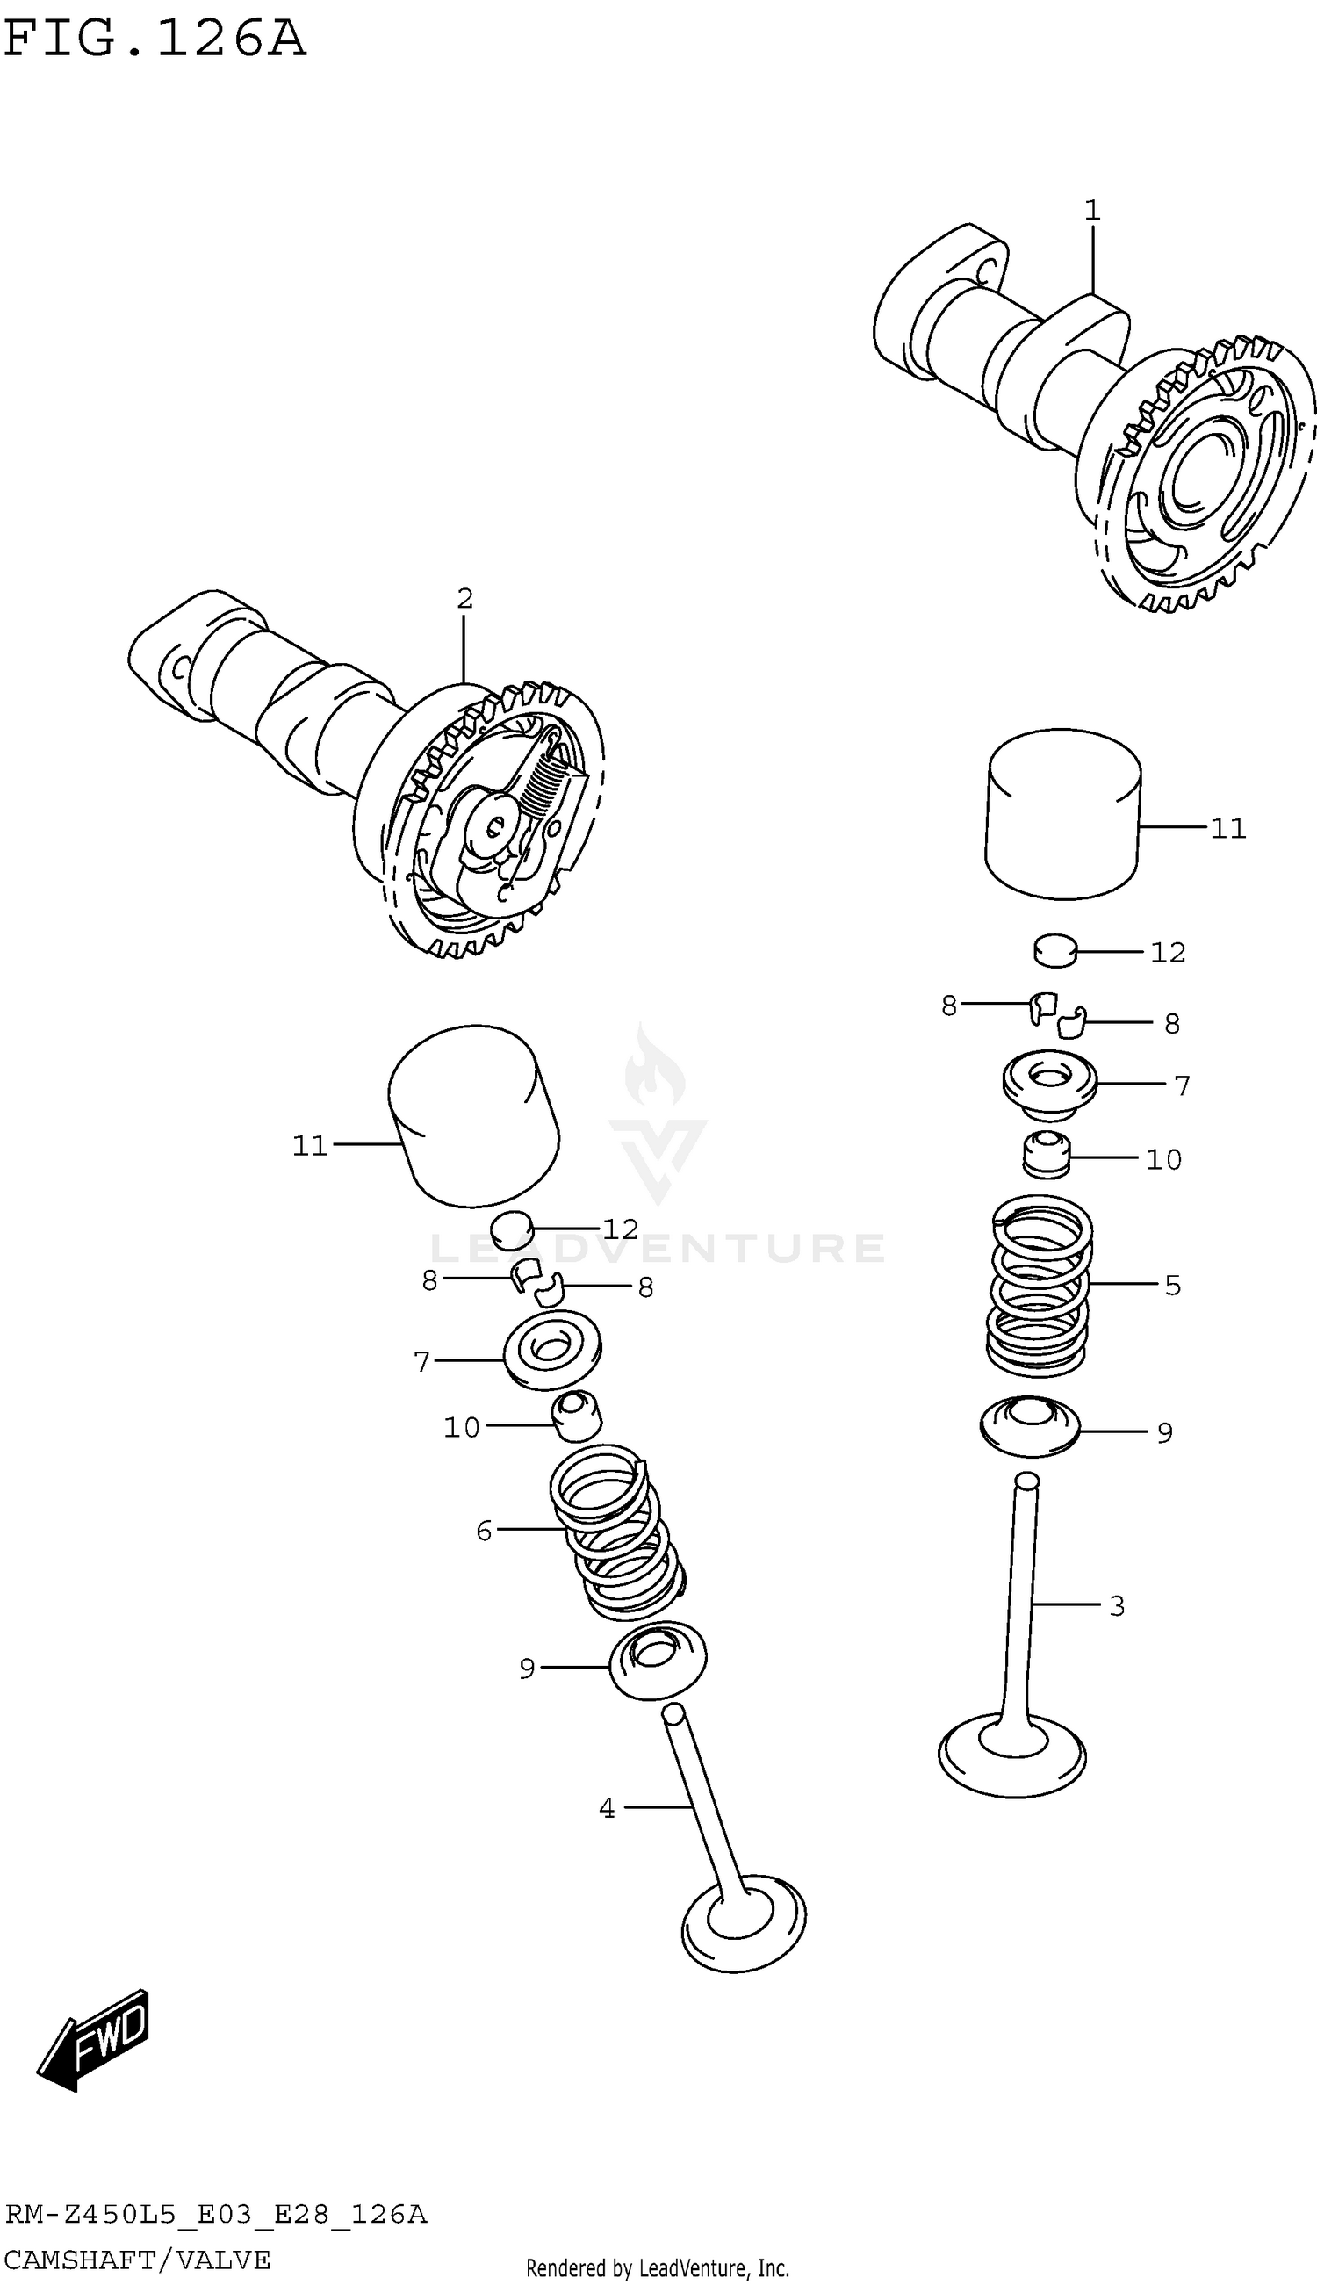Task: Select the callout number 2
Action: (x=464, y=599)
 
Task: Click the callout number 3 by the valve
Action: (x=1117, y=1605)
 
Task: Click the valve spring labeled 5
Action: (x=1039, y=1285)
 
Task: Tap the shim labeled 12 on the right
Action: (x=1054, y=951)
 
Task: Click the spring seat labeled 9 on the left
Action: (x=658, y=1660)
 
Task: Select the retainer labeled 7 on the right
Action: (x=1049, y=1082)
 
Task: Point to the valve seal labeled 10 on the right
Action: (x=1047, y=1155)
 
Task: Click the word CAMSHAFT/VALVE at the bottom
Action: (x=138, y=2259)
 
